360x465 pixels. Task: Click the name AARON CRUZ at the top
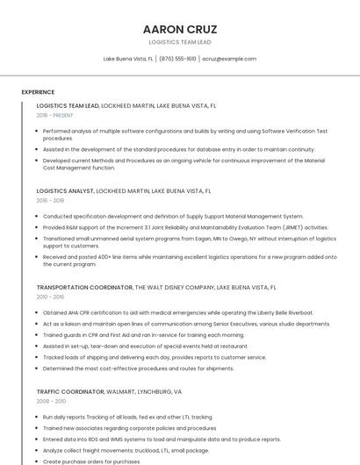coord(179,29)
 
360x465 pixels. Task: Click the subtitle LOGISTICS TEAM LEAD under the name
coord(179,42)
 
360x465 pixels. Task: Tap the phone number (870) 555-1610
coord(177,59)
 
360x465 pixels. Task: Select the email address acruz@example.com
coord(229,59)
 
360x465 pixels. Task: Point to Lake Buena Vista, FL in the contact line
coord(128,59)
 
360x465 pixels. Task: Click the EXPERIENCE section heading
coord(38,92)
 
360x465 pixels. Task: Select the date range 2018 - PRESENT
coord(55,115)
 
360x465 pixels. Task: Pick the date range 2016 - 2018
coord(51,200)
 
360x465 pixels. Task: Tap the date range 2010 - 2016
coord(51,297)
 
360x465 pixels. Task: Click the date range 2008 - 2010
coord(51,401)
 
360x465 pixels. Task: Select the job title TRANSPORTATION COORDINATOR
coord(83,287)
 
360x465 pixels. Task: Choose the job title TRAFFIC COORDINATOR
coord(69,391)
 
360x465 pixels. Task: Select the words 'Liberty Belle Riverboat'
coord(284,312)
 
